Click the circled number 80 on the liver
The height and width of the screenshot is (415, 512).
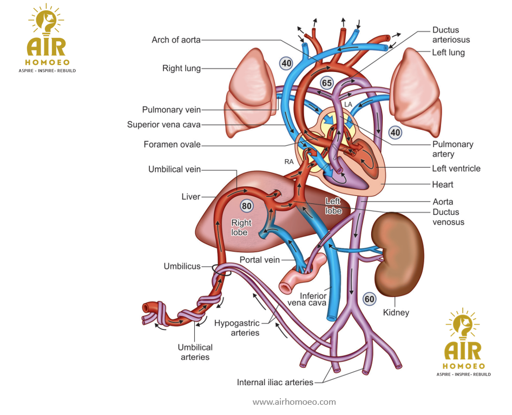pos(247,206)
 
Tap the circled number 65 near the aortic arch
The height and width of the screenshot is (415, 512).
pos(327,83)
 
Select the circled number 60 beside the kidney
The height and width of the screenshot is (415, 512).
pos(369,299)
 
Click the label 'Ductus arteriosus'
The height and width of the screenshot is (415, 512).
pos(451,35)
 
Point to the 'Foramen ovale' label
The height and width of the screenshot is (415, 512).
pos(172,144)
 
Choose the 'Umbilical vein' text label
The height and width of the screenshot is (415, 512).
pos(174,169)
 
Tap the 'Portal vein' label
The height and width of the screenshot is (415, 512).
pos(260,260)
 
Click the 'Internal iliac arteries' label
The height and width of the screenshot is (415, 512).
pos(275,383)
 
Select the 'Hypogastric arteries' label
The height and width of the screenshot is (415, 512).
pos(237,328)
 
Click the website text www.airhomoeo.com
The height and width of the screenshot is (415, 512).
pos(294,402)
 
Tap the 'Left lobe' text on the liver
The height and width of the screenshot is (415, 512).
pos(333,206)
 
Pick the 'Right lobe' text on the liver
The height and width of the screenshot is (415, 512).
pos(241,227)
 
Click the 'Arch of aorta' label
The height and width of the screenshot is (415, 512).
pos(176,40)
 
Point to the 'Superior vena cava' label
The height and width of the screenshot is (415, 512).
pos(163,124)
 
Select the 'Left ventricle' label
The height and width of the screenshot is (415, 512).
pos(456,168)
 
